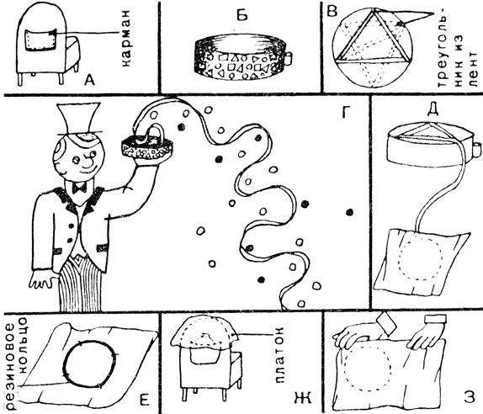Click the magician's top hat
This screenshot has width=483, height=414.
point(79,119)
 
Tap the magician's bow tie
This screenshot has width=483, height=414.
point(79,188)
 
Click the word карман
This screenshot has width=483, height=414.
point(126,39)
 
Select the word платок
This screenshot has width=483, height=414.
point(279,354)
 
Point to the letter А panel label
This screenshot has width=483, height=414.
point(90,81)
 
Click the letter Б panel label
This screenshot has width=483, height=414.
point(242,14)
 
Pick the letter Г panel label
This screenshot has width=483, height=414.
point(347,113)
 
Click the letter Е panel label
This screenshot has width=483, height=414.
point(144,399)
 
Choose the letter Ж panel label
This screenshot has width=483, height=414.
point(303,398)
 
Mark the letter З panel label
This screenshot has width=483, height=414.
point(470,397)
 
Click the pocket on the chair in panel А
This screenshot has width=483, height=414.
point(40,40)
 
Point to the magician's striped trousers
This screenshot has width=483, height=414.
point(80,284)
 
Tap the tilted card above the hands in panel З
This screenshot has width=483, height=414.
point(386,323)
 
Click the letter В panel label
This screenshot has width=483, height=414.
point(332,12)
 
